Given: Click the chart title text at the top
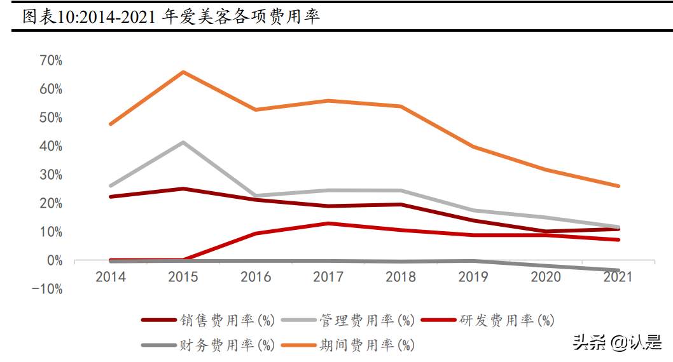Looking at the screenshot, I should (x=170, y=17).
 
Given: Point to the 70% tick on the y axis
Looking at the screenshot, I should (x=51, y=61).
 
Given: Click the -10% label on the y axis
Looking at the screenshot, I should (x=48, y=290).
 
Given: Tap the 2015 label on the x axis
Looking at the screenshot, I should (x=183, y=277).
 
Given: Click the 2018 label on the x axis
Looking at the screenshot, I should (x=401, y=277).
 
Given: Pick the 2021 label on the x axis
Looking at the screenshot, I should (x=618, y=277).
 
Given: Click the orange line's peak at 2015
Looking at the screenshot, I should (x=183, y=72).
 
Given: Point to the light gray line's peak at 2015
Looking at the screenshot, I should (x=183, y=142).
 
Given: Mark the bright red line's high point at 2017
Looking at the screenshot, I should (x=328, y=224).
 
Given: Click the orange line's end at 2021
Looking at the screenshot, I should (x=618, y=186).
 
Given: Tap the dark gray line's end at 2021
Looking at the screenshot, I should (x=618, y=271).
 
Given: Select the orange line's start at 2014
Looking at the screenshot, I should (x=111, y=124).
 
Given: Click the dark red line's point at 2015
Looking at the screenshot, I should (x=183, y=189).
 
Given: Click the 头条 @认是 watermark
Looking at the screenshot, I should (x=618, y=342).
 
